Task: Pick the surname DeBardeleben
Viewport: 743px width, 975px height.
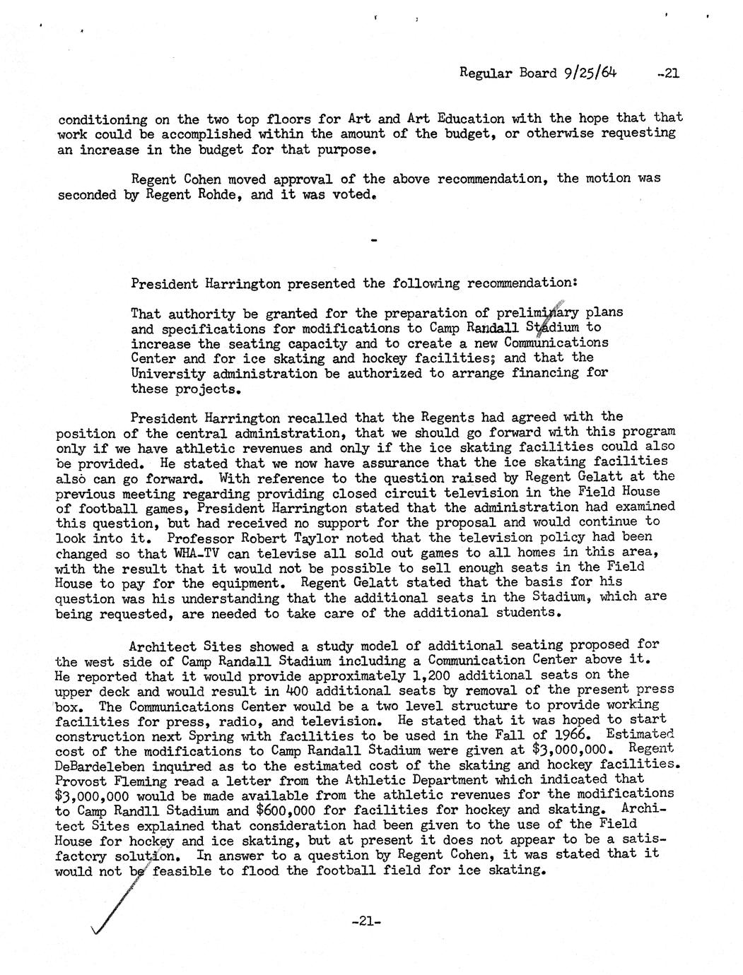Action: pos(100,765)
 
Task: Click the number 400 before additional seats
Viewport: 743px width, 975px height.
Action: pos(298,690)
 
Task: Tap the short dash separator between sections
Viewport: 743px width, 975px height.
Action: pos(374,241)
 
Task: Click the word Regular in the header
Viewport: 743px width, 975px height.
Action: pos(487,72)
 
